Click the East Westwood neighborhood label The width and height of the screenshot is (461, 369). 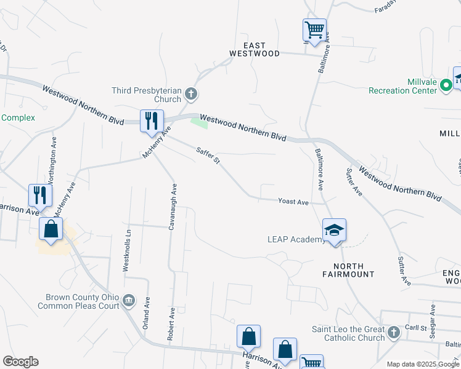(255, 49)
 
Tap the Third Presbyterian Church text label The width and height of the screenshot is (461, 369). (147, 95)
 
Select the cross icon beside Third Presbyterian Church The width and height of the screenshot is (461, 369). (191, 94)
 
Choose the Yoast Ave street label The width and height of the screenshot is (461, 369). (293, 201)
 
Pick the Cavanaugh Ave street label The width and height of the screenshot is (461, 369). (173, 206)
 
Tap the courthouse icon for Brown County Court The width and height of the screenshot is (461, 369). (129, 301)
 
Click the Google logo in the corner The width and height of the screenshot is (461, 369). (20, 362)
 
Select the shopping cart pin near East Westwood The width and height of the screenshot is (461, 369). (314, 30)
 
